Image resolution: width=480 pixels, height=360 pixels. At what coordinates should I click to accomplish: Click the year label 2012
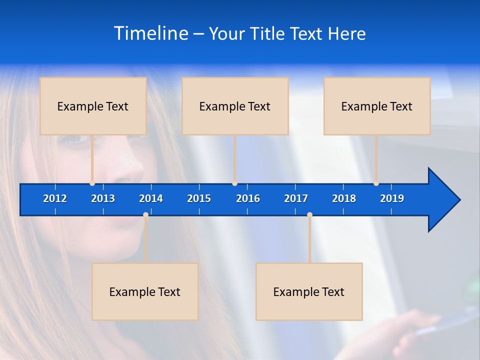click(x=55, y=198)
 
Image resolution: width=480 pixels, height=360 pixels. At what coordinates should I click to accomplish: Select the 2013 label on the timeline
click(x=103, y=198)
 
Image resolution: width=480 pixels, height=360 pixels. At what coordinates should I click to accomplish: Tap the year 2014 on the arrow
click(x=151, y=198)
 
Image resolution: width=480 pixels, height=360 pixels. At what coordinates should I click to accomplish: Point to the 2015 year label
click(x=199, y=198)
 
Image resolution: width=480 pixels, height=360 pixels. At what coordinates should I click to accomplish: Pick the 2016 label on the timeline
click(x=248, y=198)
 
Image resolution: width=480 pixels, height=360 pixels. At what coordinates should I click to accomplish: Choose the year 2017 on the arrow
click(x=296, y=198)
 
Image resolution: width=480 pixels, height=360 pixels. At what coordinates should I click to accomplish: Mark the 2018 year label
click(x=344, y=198)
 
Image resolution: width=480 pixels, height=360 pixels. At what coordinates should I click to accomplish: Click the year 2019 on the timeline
click(x=392, y=198)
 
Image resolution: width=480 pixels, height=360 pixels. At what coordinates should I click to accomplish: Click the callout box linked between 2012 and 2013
click(x=93, y=106)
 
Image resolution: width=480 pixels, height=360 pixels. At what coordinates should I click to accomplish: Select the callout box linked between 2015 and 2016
click(x=235, y=106)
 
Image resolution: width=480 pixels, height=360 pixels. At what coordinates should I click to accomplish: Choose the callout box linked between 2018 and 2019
click(x=377, y=106)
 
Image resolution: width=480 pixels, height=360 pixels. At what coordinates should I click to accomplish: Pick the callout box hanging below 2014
click(x=145, y=291)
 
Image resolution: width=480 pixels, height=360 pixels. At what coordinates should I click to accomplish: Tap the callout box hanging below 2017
click(x=309, y=291)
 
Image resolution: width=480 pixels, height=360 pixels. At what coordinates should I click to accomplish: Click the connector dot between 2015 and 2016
click(x=235, y=183)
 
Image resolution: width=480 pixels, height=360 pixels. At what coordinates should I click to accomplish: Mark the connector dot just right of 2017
click(x=309, y=215)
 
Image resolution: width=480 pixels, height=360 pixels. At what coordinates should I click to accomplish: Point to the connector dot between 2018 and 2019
click(x=376, y=183)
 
